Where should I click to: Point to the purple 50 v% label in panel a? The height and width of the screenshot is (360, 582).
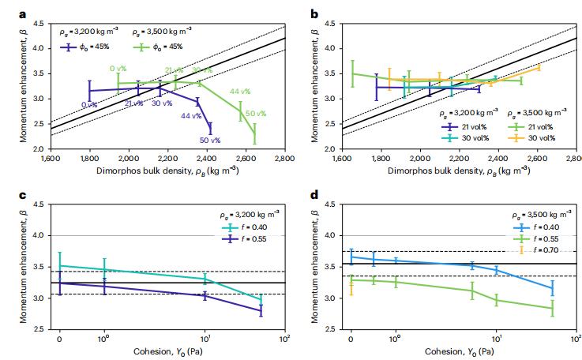pyautogui.click(x=209, y=141)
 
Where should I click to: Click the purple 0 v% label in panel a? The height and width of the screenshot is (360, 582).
pyautogui.click(x=89, y=104)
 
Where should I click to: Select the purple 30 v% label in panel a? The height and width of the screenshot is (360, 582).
pyautogui.click(x=161, y=103)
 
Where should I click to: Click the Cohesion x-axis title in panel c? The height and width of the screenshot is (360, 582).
pyautogui.click(x=167, y=351)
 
